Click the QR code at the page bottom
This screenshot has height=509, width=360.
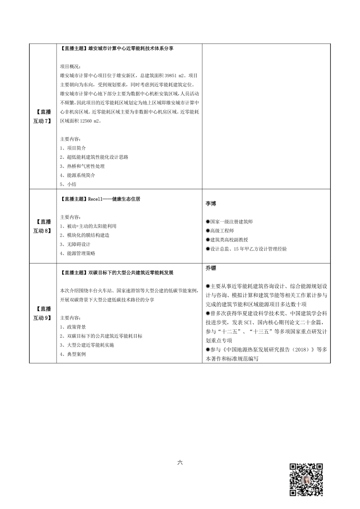306,480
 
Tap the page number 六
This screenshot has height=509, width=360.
180,462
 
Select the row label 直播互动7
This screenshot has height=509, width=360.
42,116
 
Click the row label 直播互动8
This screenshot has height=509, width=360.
42,226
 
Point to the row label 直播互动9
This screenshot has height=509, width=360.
42,313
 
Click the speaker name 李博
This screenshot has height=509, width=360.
211,204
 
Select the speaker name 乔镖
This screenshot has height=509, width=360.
211,268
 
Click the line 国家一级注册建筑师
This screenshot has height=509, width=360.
231,222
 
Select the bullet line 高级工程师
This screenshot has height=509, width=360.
222,231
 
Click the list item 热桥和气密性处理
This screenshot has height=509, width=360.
82,166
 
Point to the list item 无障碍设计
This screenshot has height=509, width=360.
75,244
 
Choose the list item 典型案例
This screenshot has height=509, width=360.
73,355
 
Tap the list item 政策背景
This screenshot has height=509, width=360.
73,327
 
